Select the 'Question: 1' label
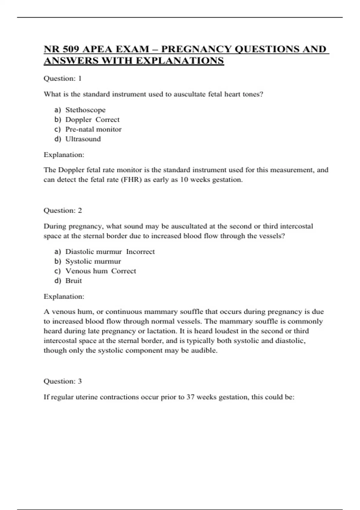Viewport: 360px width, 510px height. click(x=62, y=79)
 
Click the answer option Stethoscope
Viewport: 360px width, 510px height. click(x=85, y=110)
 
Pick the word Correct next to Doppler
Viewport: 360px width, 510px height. click(x=107, y=120)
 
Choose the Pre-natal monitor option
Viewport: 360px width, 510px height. click(x=93, y=129)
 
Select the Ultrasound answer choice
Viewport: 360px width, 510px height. click(x=83, y=139)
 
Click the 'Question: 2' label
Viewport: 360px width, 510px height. click(x=62, y=211)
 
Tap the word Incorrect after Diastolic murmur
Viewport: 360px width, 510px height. click(x=140, y=252)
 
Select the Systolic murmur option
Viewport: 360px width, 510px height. click(x=93, y=261)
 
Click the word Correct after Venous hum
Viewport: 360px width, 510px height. click(x=124, y=271)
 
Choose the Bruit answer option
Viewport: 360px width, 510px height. click(x=73, y=281)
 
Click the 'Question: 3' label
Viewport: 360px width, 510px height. click(x=62, y=381)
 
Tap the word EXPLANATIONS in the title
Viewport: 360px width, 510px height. click(x=180, y=61)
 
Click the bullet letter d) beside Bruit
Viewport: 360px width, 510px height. click(x=58, y=281)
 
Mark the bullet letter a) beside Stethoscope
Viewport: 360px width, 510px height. click(x=58, y=110)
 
